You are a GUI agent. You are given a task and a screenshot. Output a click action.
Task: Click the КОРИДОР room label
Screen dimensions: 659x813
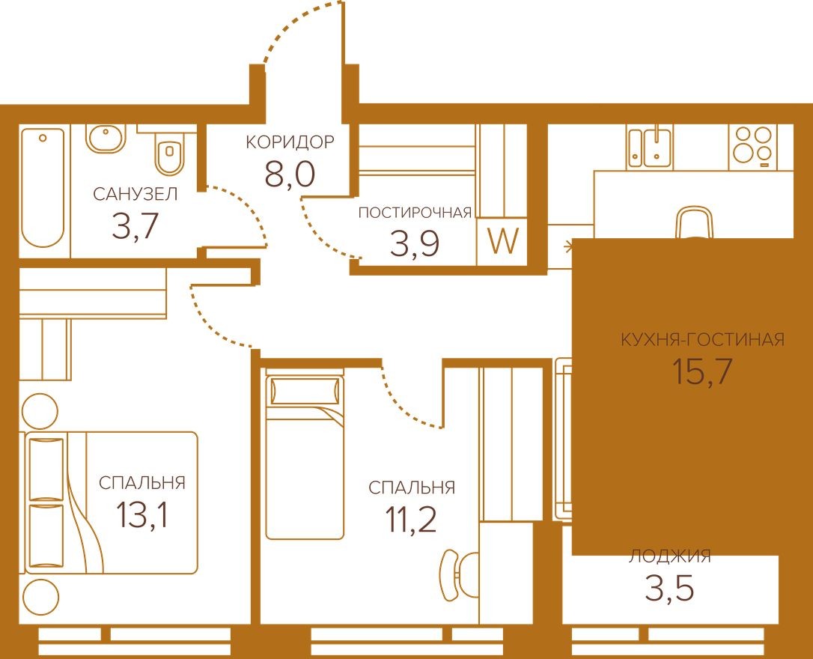[290, 142]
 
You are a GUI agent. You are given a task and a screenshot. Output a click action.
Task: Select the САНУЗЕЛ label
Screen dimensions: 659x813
[135, 195]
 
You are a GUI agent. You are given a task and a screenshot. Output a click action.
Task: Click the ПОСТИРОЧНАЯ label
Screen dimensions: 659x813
[415, 212]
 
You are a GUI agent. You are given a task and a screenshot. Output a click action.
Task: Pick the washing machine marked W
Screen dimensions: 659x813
[502, 242]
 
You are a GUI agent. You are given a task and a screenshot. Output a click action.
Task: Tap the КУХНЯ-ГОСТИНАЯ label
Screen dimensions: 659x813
[702, 340]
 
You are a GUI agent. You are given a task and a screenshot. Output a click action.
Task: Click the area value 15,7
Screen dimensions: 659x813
[701, 371]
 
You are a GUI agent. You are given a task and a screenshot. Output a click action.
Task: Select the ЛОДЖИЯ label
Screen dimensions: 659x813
[669, 556]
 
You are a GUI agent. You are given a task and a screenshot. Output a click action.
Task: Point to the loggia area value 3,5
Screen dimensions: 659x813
[669, 589]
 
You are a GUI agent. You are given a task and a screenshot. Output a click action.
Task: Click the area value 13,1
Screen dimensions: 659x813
[141, 514]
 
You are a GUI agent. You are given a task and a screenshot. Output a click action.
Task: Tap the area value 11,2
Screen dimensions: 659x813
[411, 519]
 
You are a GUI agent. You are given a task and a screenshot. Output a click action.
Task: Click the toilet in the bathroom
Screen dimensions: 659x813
[168, 154]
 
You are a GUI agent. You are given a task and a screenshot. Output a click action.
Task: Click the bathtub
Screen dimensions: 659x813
[42, 186]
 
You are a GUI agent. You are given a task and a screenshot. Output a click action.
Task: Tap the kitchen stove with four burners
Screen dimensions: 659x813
[752, 144]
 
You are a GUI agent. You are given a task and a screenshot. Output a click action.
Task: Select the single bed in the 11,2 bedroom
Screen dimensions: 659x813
[305, 456]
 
